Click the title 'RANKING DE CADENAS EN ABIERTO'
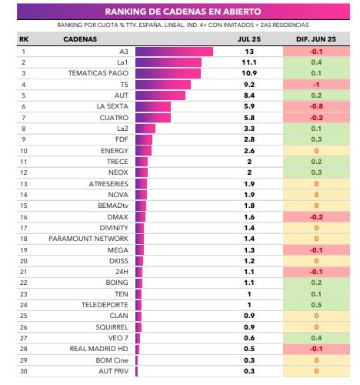183,12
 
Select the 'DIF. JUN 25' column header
316,39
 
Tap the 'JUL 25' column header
249,39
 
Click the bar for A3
174,52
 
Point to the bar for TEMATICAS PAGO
168,73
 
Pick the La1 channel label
122,62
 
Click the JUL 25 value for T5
249,85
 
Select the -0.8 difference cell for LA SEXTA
316,106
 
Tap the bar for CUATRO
153,118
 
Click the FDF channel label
122,139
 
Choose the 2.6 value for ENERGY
249,151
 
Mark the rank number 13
24,184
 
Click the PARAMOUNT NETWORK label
88,239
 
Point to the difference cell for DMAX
316,217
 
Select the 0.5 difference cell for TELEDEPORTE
316,305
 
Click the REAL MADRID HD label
98,349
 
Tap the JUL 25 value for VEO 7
249,338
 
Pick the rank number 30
24,371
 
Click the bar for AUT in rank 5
160,95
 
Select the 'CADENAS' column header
80,39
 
